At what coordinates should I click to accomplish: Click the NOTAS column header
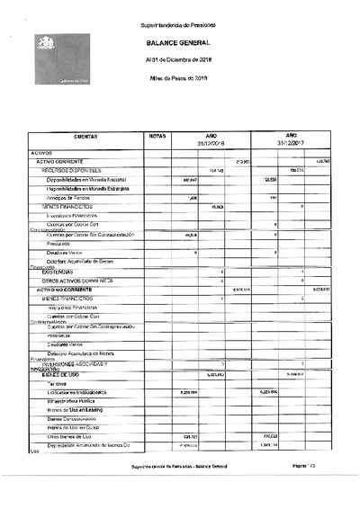(x=157, y=135)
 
